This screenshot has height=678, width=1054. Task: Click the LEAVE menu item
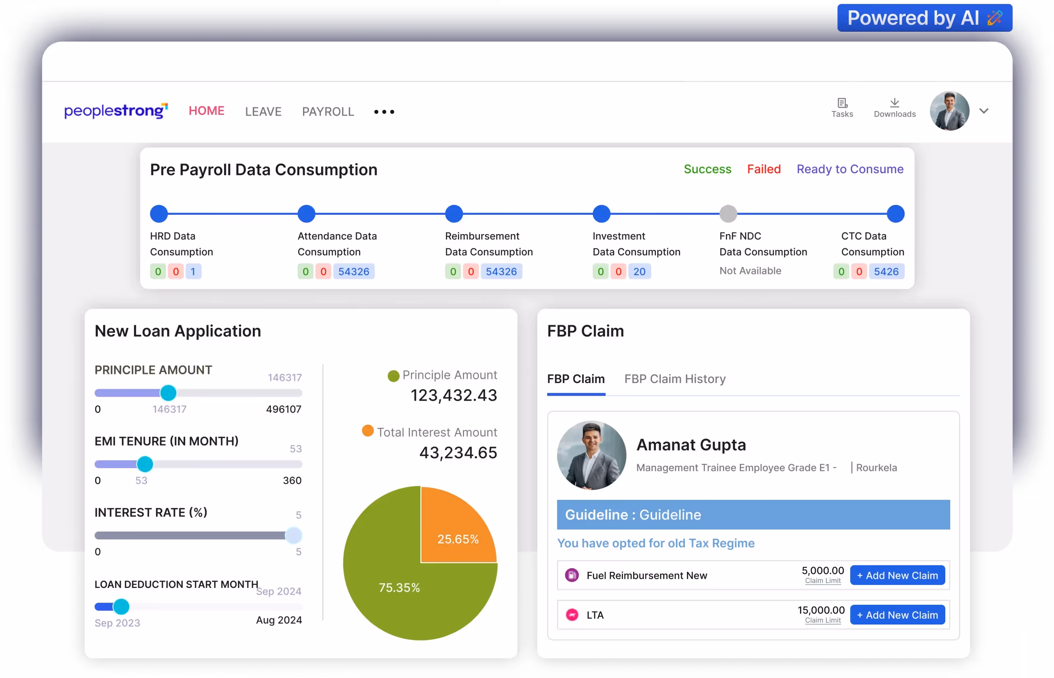(263, 111)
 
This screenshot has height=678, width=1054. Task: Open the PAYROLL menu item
(328, 111)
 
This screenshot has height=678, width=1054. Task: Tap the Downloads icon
(894, 107)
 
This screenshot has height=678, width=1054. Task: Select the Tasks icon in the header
(842, 107)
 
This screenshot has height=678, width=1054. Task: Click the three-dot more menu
(384, 112)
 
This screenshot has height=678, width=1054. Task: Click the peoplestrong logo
(116, 111)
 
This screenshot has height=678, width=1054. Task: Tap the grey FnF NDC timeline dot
(728, 214)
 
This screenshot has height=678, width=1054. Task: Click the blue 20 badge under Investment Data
(639, 272)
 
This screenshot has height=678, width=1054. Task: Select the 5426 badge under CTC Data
(886, 272)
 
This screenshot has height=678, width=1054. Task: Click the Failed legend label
(764, 169)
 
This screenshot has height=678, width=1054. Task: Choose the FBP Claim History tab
(675, 379)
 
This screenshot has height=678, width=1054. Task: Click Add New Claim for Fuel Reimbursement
(897, 576)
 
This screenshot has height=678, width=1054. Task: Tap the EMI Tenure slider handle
(145, 464)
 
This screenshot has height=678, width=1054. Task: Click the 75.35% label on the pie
(399, 588)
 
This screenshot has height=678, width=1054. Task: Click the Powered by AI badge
(924, 18)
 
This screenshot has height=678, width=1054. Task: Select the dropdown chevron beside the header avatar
(984, 111)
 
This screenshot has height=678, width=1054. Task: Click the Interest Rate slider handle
(293, 535)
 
